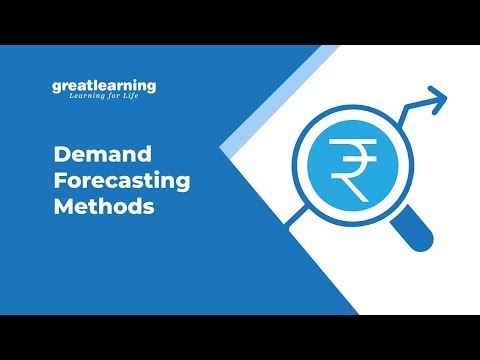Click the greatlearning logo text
pos(104,86)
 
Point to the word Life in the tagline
pos(145,98)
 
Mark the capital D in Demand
pos(59,155)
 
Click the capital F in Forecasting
pos(58,183)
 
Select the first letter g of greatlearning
pos(57,87)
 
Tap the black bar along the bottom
pos(240,337)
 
